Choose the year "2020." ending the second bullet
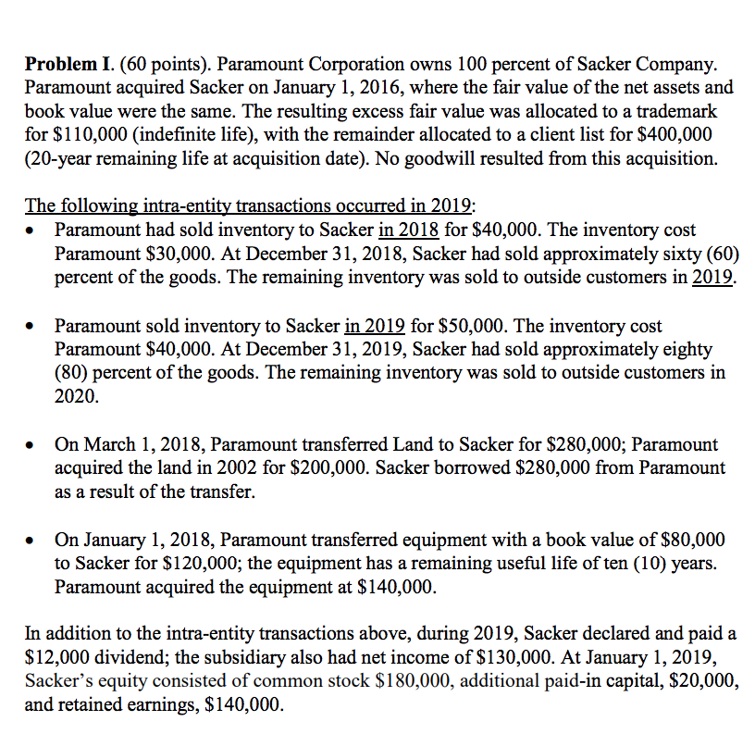(x=76, y=396)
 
